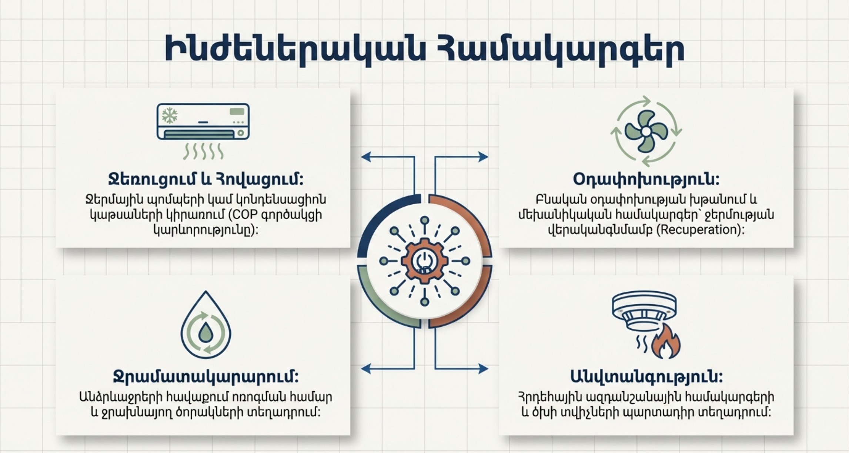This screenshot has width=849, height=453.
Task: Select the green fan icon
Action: [646, 131]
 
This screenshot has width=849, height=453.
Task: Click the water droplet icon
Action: [206, 325]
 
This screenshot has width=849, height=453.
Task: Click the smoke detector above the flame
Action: [645, 311]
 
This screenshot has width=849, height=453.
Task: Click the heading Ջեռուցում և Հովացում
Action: [206, 179]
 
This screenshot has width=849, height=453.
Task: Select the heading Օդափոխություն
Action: [646, 179]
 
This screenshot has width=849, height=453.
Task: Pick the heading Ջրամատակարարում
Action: [206, 377]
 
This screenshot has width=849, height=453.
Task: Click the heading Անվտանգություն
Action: [646, 377]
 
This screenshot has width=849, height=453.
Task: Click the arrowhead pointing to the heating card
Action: [366, 157]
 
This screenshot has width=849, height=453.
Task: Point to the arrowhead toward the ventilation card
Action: [484, 157]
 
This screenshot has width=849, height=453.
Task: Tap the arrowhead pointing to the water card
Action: [366, 369]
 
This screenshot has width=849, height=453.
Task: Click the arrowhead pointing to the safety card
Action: [484, 369]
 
